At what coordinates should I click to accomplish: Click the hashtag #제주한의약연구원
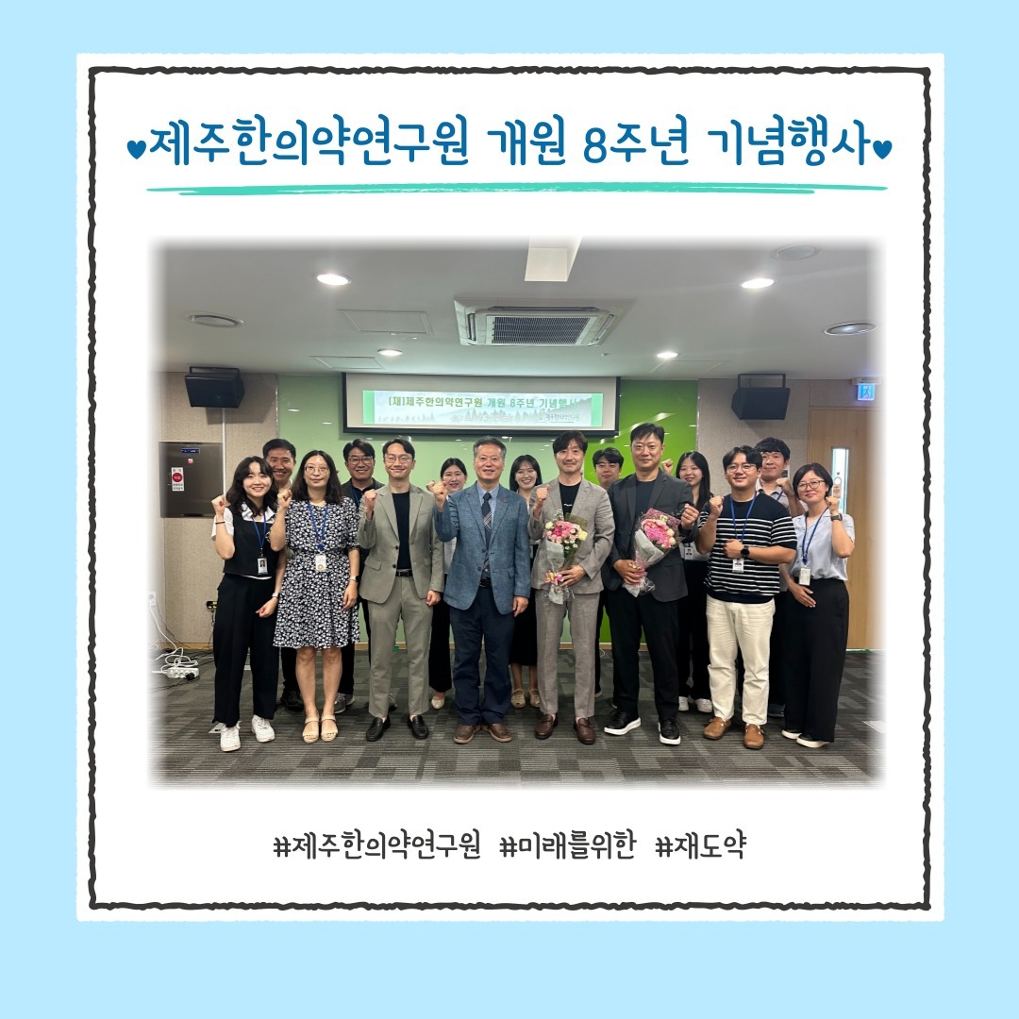tap(376, 846)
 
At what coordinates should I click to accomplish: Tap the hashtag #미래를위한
tap(561, 846)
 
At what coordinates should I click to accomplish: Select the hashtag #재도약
tap(699, 846)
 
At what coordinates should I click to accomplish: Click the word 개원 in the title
tap(526, 149)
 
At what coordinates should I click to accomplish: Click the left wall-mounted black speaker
tap(214, 387)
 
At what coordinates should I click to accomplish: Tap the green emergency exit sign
tap(865, 391)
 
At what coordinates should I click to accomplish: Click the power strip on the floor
tap(180, 673)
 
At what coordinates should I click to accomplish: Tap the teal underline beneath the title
tap(516, 189)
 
